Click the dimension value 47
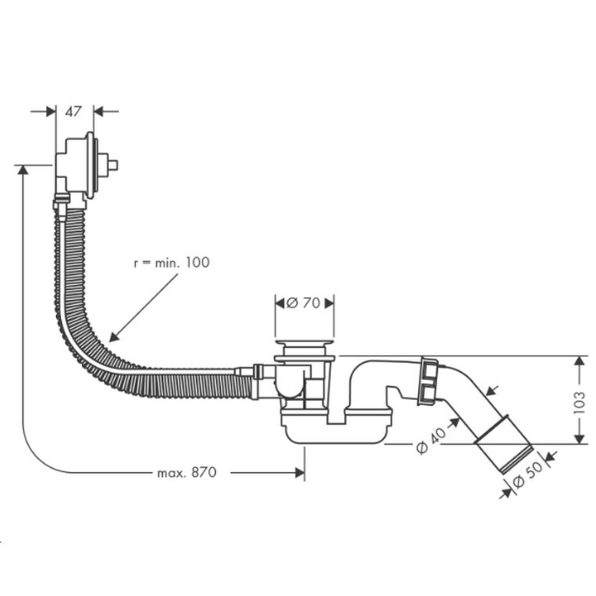tap(73, 111)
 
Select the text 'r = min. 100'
tap(172, 263)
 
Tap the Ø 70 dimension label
tap(304, 303)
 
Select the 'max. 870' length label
tap(187, 473)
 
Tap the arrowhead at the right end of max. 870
tap(300, 473)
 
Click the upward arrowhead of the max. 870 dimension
tap(23, 170)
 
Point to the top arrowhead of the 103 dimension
tap(579, 361)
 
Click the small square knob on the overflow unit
tap(113, 164)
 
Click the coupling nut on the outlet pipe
tap(428, 380)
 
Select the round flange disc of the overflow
tap(91, 164)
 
